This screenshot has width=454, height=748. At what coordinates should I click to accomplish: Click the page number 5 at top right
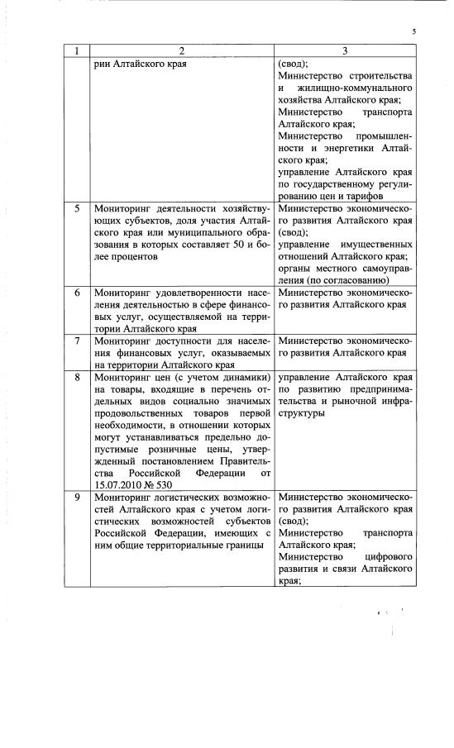click(413, 32)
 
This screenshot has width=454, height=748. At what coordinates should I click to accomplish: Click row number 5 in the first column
click(76, 209)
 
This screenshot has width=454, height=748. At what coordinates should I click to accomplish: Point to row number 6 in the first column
click(76, 293)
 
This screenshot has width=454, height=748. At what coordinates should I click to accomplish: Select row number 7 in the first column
click(76, 341)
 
